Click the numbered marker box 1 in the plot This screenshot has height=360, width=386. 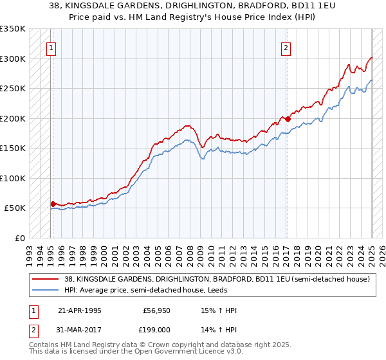pos(50,46)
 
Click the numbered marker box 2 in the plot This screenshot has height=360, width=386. pos(285,46)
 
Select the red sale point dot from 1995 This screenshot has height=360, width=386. pos(53,204)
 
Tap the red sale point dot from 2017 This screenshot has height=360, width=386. pos(288,119)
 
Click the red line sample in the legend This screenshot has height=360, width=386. pos(45,279)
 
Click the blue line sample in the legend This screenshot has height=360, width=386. pos(45,290)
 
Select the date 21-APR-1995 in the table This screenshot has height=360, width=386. pos(79,310)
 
